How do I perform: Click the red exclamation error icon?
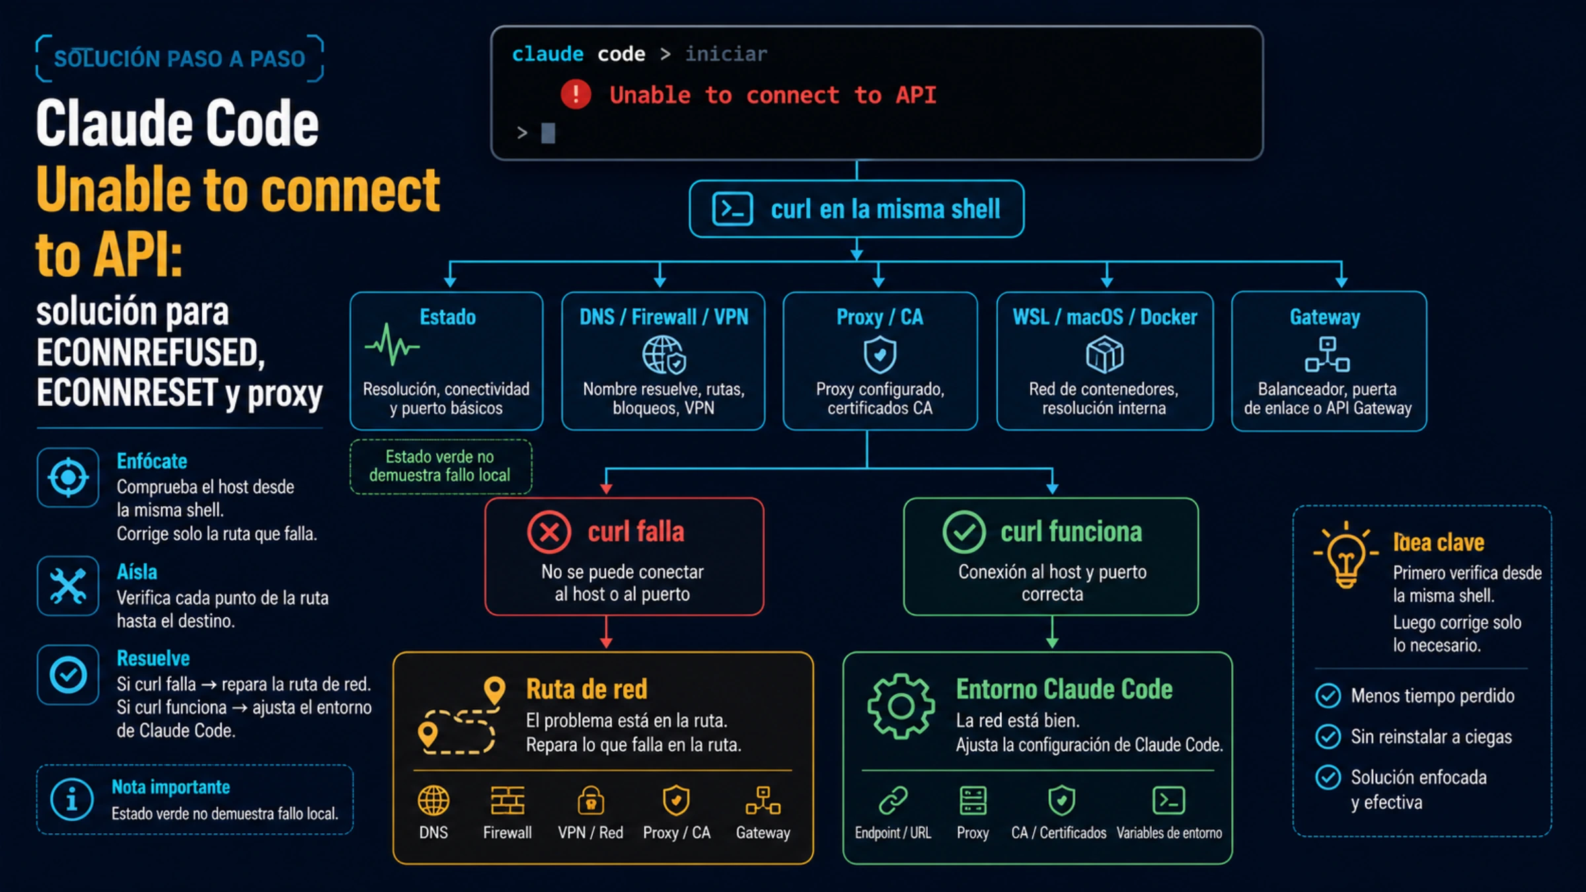coord(576,94)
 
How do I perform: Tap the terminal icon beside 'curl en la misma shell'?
coord(732,209)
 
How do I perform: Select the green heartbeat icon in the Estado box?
coord(392,344)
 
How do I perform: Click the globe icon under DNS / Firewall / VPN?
coord(664,355)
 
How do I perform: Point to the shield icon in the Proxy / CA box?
coord(880,355)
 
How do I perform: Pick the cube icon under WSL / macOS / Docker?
coord(1104,355)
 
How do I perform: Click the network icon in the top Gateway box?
coord(1327,354)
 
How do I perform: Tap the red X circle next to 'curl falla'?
coord(549,532)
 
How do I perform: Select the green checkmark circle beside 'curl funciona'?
coord(964,532)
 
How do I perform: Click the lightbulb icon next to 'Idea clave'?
coord(1346,556)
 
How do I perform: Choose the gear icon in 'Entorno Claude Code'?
coord(901,706)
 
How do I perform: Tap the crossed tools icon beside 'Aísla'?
coord(68,586)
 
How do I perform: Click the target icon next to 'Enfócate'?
coord(68,477)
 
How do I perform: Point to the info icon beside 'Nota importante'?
coord(71,799)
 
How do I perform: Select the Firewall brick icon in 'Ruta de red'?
coord(508,801)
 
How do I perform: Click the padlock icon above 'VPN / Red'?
coord(591,800)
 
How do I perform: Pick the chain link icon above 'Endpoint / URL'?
coord(893,801)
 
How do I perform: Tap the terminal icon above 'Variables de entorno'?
coord(1168,800)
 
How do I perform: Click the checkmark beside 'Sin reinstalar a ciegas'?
coord(1328,736)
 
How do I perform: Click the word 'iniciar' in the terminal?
coord(726,54)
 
